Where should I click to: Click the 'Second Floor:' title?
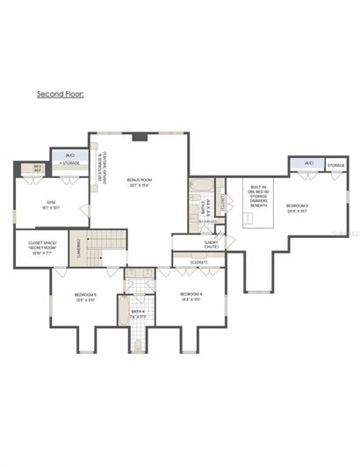60,92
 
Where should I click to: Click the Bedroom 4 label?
191,297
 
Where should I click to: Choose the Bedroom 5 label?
84,297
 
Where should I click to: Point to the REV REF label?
38,168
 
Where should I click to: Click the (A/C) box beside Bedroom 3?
309,163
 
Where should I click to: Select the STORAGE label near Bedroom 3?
335,164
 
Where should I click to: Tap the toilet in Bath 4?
138,343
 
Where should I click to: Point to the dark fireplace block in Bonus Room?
139,137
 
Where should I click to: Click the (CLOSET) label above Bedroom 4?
198,262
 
